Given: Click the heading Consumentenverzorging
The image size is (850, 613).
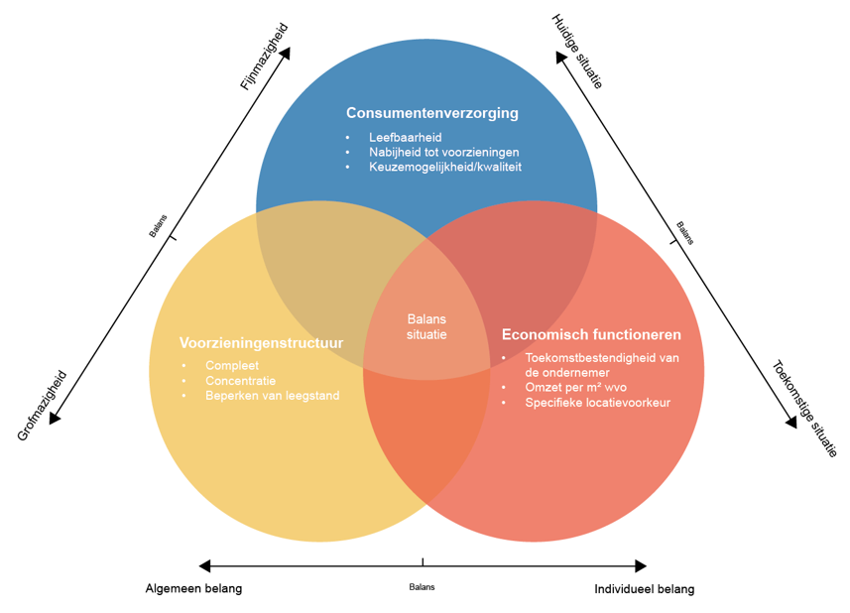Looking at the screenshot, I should coord(431,113).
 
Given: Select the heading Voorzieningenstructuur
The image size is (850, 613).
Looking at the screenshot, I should coord(261,343).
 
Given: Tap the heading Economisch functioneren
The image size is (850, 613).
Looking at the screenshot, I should coord(591,334).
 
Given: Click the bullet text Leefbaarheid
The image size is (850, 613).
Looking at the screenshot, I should coord(405,137).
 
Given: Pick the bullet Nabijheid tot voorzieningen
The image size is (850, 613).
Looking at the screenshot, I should coord(443,152).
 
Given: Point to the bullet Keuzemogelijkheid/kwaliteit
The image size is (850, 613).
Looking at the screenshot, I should coord(444,167).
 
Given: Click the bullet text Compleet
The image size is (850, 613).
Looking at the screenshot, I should coord(232,366).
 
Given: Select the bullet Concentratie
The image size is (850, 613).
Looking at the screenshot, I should coord(241,381).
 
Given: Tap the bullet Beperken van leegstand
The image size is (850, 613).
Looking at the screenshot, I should coord(272,396).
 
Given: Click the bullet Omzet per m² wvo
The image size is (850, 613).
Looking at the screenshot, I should coord(575,387).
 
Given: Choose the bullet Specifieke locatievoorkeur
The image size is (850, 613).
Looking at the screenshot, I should coord(597,403).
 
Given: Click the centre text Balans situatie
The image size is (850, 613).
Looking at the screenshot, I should coord(426,326).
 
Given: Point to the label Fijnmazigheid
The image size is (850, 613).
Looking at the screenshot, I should coord(264,57).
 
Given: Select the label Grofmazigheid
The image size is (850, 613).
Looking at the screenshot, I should coord(42,406).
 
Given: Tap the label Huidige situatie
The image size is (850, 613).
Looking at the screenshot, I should coord(577,52).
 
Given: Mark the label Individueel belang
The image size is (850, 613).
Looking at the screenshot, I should coord(644,589).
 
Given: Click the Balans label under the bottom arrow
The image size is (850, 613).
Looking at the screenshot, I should coord(422,586).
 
